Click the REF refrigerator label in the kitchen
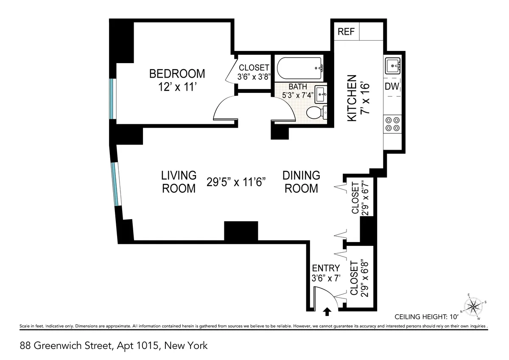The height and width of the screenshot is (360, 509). coord(346,32)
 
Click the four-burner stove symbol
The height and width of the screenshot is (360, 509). coord(392,123)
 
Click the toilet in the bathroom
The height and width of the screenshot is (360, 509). coord(315,113)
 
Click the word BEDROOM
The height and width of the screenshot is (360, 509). coord(177,74)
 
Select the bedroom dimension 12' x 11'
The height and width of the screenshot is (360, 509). coord(177,88)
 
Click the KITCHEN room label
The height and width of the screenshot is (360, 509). coord(352,99)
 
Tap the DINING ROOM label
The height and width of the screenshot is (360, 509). coord(301,181)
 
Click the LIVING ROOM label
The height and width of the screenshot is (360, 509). coord(179,181)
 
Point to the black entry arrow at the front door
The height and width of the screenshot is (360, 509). coord(327,312)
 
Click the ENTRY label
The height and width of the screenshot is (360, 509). coord(326,268)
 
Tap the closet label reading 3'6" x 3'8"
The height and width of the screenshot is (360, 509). coord(254,72)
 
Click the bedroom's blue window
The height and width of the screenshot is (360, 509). coord(112,100)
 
